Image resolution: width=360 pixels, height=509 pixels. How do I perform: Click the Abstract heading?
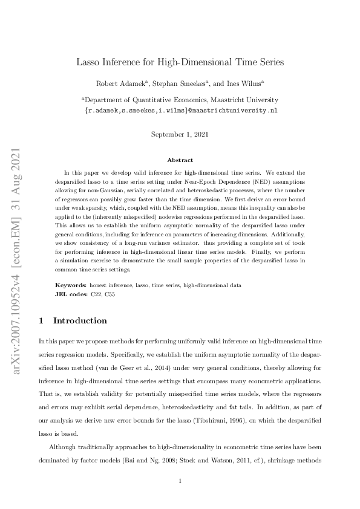tap(180, 160)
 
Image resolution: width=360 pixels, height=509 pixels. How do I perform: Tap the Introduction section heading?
tap(80, 320)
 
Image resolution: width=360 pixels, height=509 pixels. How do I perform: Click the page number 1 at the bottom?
tap(180, 481)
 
